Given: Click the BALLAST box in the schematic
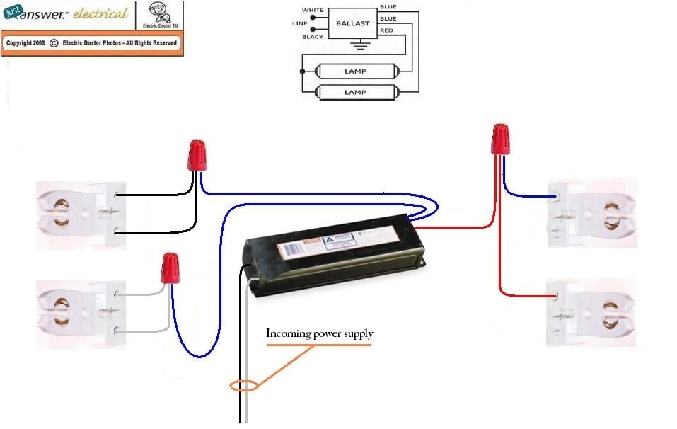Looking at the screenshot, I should point(352,23).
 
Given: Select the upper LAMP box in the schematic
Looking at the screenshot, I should point(354,71).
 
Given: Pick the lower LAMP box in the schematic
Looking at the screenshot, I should point(354,92).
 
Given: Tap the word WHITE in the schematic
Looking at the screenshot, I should point(312,10).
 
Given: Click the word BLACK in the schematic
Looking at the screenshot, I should point(313,36).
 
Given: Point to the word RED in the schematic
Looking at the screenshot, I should point(386,31).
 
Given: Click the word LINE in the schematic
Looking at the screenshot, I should point(300,23).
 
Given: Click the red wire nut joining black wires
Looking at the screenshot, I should point(197,155).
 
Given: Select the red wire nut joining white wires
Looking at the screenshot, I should point(169,268).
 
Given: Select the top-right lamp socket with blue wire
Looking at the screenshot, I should point(594,212).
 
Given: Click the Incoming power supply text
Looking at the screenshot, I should point(319,333).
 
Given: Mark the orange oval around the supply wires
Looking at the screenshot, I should point(243,387).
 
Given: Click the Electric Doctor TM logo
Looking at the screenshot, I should point(159,16).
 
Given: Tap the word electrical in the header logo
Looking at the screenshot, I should point(101,14).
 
